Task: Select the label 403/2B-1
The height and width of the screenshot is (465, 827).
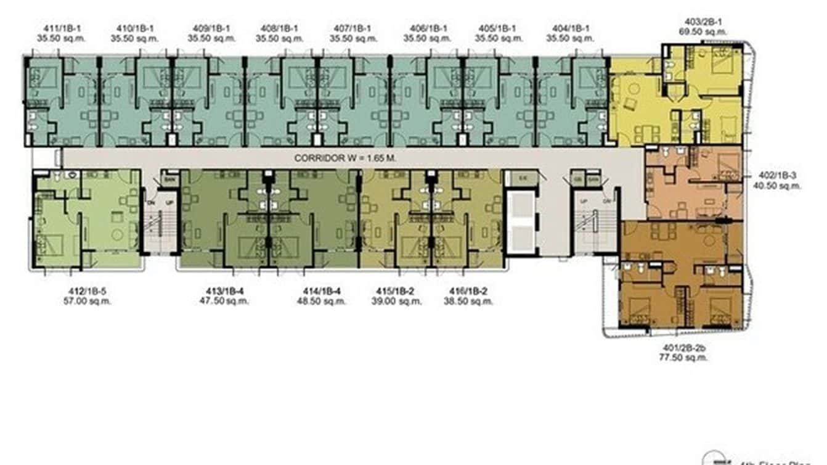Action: (x=703, y=21)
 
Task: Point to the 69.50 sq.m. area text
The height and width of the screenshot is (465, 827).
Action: (x=703, y=31)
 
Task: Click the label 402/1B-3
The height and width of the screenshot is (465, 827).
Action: (x=776, y=175)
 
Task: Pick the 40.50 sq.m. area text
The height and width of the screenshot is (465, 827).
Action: (x=776, y=185)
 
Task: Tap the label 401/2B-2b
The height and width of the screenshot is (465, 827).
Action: (x=683, y=347)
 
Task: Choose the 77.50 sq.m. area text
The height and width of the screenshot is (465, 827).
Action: (x=683, y=357)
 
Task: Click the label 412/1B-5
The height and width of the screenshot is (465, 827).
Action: (x=87, y=291)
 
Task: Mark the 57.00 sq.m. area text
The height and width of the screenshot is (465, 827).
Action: (x=87, y=302)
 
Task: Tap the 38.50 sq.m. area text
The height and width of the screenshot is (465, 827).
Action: (x=468, y=302)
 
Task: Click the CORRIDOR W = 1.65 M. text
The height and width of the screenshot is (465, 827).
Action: (x=344, y=158)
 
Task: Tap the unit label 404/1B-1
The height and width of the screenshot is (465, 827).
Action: (x=571, y=28)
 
